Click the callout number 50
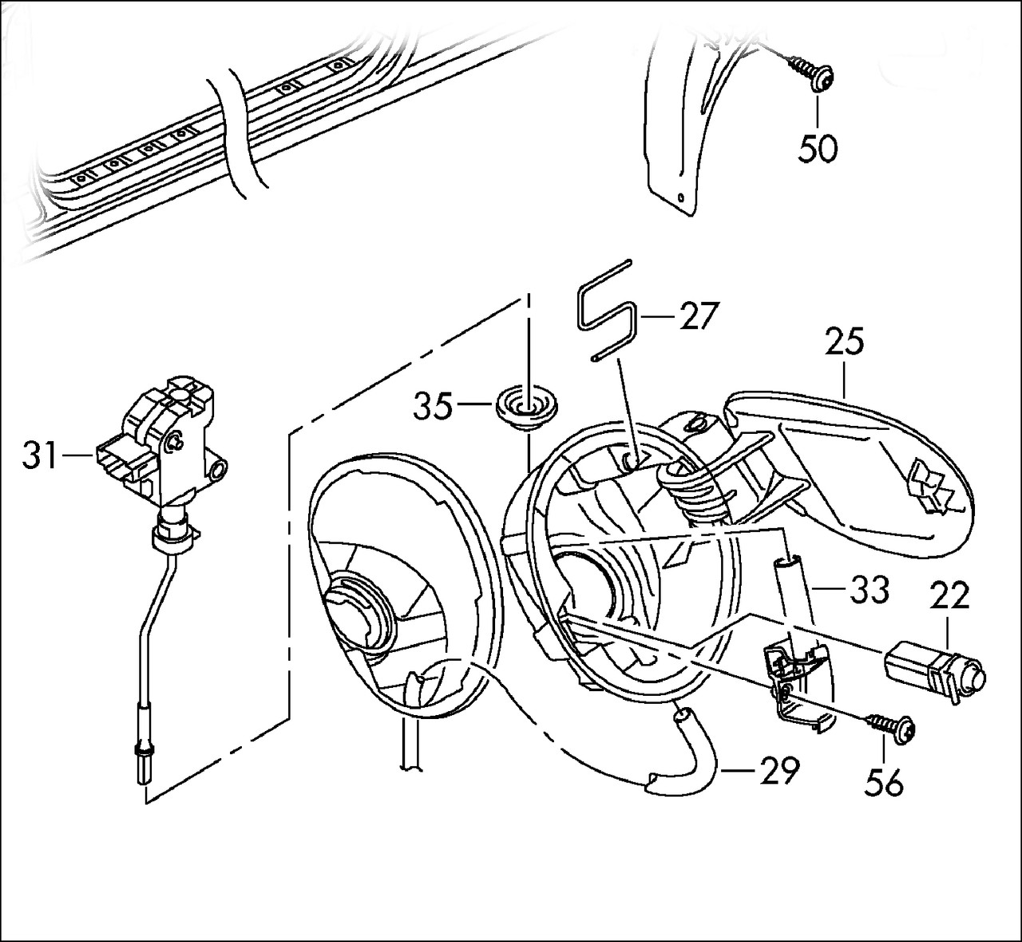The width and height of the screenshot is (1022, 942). (x=818, y=149)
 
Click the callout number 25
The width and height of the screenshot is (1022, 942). (x=845, y=342)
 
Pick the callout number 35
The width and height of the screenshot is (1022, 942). (x=433, y=407)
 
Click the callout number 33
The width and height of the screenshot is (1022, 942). (x=869, y=590)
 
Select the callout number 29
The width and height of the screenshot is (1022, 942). (x=778, y=771)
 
